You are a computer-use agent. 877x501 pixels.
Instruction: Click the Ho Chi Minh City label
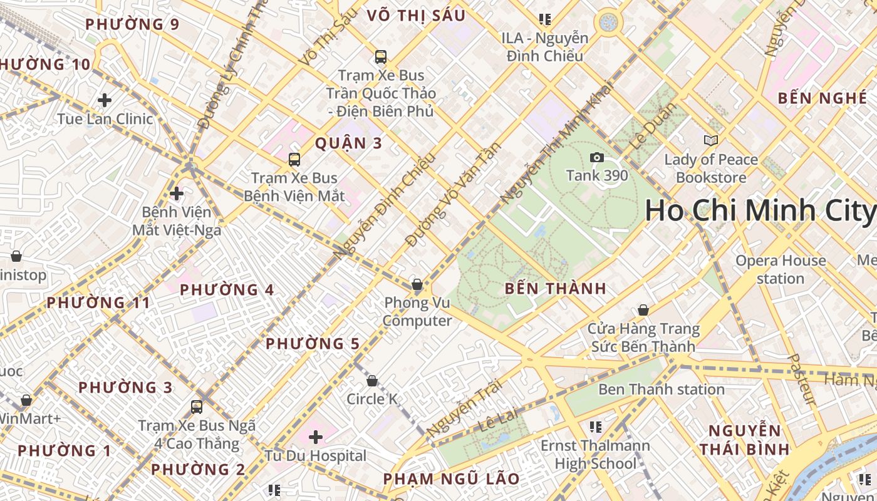(x=759, y=210)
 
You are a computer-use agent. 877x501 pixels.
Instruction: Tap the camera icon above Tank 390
(x=597, y=157)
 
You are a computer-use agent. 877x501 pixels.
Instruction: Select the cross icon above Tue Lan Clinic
(x=105, y=100)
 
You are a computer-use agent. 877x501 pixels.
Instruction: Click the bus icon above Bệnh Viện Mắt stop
(x=294, y=159)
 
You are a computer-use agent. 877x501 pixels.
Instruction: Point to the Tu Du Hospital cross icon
(x=316, y=436)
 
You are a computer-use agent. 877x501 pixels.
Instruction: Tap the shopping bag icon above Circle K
(x=372, y=381)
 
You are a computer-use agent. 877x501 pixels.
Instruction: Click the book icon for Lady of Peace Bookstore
(x=710, y=140)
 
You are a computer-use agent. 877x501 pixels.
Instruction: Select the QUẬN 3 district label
(x=348, y=143)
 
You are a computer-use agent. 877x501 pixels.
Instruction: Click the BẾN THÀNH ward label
(x=555, y=289)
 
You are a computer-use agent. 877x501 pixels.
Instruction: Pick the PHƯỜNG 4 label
(x=227, y=290)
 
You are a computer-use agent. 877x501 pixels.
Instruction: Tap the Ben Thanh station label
(x=661, y=390)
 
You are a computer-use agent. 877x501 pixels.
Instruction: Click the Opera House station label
(x=781, y=269)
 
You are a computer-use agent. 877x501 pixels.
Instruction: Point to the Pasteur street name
(x=801, y=380)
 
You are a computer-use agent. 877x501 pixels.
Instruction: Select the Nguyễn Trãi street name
(x=464, y=410)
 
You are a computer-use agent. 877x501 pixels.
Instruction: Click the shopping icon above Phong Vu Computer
(x=417, y=285)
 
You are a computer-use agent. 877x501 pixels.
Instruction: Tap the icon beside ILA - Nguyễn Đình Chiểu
(x=544, y=19)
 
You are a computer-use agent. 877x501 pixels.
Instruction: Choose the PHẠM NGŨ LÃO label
(x=451, y=479)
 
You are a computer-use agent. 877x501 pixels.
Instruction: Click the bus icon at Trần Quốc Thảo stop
(x=380, y=57)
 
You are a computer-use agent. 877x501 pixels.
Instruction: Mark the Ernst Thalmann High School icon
(x=596, y=427)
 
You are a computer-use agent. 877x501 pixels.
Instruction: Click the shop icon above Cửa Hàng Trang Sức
(x=643, y=310)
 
